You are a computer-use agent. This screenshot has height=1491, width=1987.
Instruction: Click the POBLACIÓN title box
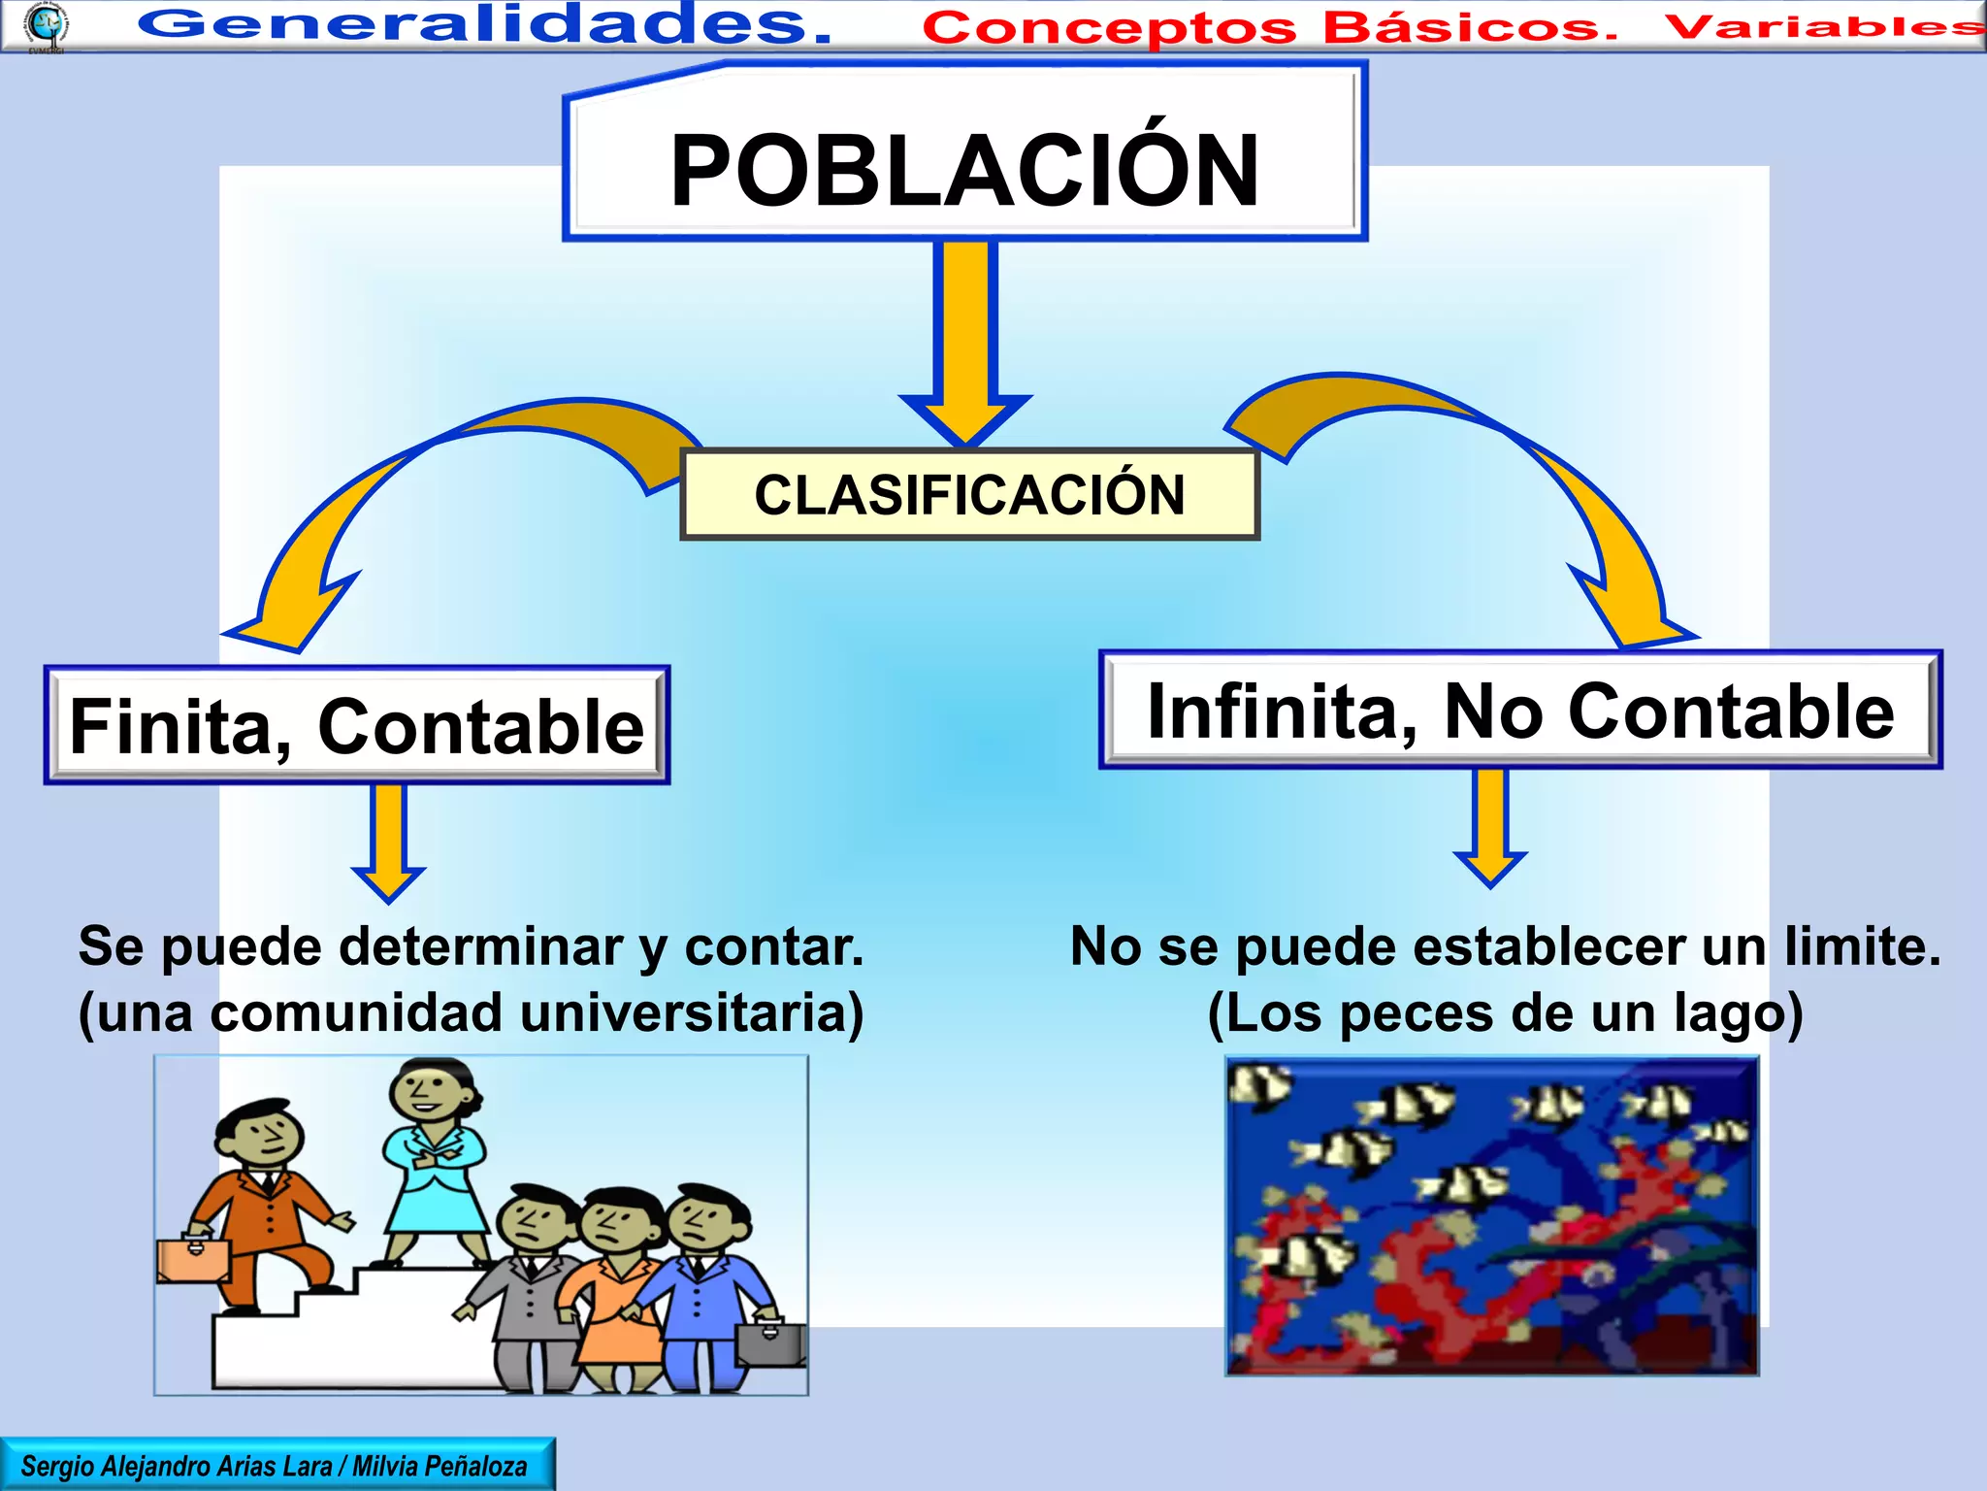point(964,170)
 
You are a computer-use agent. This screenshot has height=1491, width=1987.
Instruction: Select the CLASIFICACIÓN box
point(969,495)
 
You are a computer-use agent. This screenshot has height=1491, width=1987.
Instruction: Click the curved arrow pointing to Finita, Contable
point(407,485)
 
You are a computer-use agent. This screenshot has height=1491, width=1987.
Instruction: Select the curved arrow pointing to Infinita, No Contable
point(1514,456)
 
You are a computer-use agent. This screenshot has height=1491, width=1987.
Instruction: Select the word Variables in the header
point(1824,26)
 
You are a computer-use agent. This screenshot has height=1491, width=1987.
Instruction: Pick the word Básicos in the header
point(1470,27)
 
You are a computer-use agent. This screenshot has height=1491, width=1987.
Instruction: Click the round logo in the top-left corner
point(46,24)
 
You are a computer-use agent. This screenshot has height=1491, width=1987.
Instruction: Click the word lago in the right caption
point(1737,1013)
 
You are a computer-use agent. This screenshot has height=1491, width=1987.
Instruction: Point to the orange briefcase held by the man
point(193,1258)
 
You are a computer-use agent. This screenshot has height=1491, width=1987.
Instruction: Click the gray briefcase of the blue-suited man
point(770,1342)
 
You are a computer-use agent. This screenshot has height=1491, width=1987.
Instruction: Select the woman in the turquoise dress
point(434,1165)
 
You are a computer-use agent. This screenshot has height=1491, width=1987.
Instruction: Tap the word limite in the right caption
point(1861,946)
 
